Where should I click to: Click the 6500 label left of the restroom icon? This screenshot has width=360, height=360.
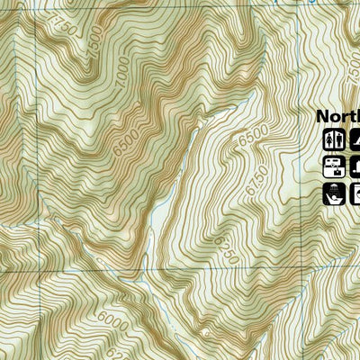pyautogui.click(x=255, y=142)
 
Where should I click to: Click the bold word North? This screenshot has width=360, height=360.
pyautogui.click(x=337, y=117)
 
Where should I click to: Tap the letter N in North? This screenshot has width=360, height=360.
pyautogui.click(x=321, y=117)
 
